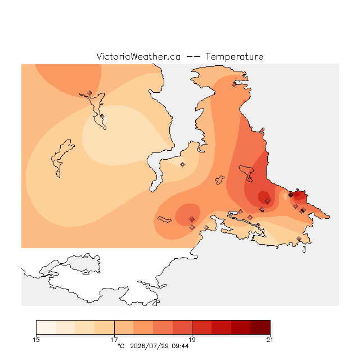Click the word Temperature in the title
click(x=234, y=56)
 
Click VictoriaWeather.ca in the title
click(x=138, y=56)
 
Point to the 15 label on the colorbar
click(x=36, y=340)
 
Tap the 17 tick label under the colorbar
click(x=114, y=340)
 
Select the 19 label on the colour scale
click(x=192, y=340)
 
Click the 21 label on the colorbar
click(x=270, y=340)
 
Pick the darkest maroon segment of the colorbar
click(x=260, y=327)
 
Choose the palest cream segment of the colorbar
click(x=46, y=327)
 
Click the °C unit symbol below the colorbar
click(x=121, y=346)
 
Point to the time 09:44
click(x=180, y=346)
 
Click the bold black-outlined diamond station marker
click(x=291, y=195)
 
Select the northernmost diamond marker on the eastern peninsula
click(x=234, y=85)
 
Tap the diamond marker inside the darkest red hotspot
click(x=267, y=201)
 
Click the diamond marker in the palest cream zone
click(x=102, y=116)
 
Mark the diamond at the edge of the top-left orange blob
click(x=90, y=93)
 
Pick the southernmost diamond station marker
click(x=299, y=238)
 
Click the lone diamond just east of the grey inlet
click(x=182, y=164)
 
